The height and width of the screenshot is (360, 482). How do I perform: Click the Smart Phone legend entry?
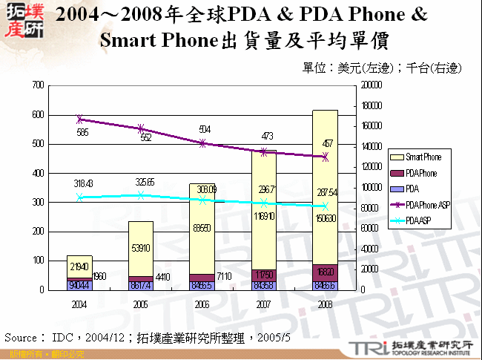422,157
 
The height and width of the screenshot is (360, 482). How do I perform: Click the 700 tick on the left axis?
36,85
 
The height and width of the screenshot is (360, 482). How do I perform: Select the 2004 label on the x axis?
79,304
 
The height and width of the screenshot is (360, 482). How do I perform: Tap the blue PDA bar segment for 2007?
263,285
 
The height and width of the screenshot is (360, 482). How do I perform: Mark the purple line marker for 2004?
79,119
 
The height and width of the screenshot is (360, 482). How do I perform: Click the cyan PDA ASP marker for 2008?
325,206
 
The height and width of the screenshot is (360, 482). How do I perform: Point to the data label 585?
82,132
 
